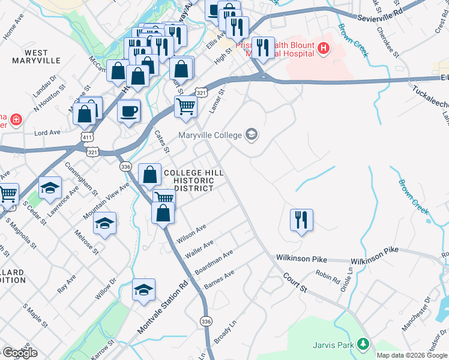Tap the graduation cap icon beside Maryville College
pos(252,134)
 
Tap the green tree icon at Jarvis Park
pos(362,344)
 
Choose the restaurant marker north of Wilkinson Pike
pos(301,220)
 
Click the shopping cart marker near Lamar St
pos(186,106)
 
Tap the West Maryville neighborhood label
pos(37,57)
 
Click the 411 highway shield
pos(87,139)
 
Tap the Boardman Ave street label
pos(213,263)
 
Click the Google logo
pos(19,353)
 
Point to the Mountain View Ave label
pos(106,202)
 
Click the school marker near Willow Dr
pos(143,290)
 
